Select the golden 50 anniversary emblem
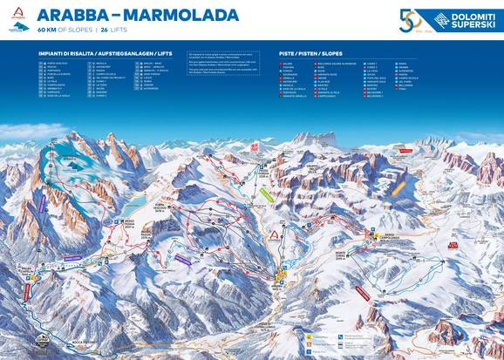(x=410, y=21)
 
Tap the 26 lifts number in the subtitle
(x=106, y=30)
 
